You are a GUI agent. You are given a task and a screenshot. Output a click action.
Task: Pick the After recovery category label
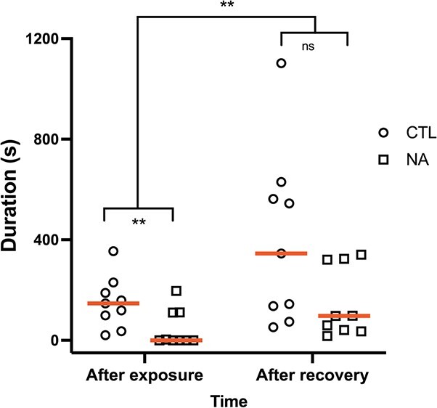[313, 376]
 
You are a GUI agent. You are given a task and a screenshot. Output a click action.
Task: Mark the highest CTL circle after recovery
[282, 63]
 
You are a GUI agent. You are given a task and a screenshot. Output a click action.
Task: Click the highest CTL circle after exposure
[114, 251]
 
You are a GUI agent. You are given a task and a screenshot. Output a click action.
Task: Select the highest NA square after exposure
[176, 291]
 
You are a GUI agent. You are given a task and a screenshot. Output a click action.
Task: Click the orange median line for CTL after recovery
[282, 253]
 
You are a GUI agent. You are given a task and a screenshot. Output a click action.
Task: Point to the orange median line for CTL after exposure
[113, 303]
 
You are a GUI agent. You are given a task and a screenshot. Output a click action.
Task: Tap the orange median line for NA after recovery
[344, 316]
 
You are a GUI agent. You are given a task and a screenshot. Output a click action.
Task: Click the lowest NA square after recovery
[328, 335]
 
